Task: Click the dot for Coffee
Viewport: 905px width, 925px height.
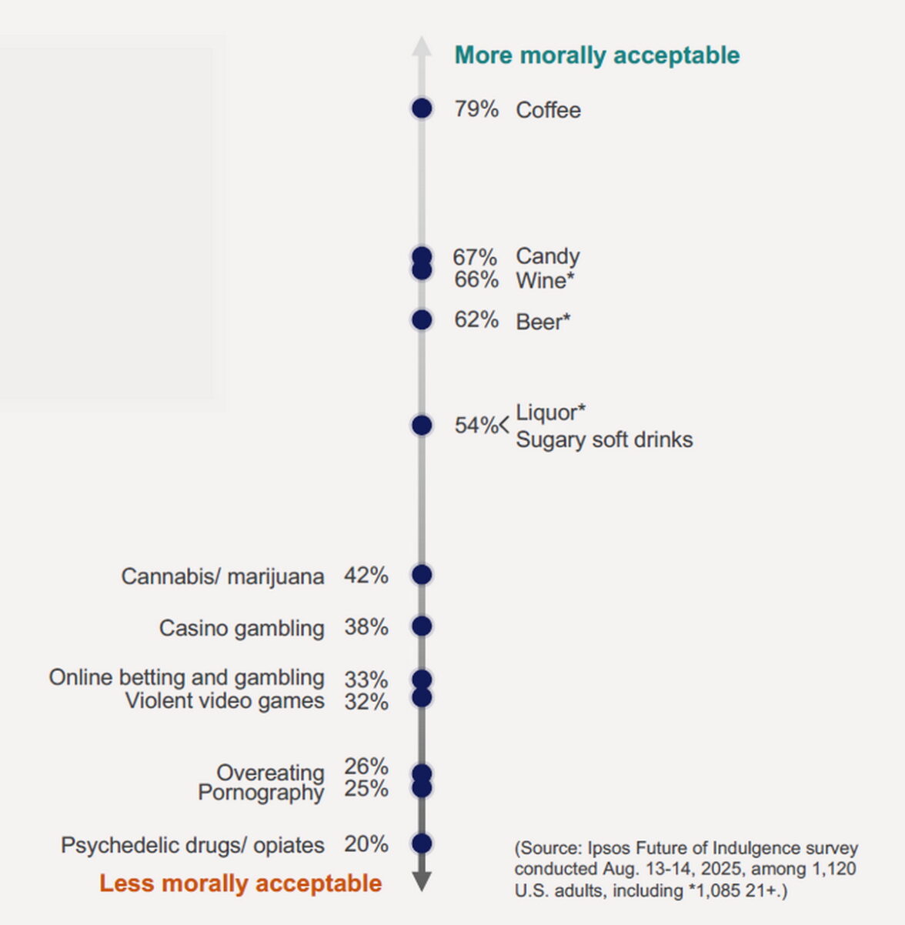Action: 422,109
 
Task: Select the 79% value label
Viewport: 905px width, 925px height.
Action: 476,109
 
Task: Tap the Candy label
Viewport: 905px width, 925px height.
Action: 547,256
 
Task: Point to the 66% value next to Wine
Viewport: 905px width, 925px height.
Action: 476,280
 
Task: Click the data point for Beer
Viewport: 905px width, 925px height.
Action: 422,319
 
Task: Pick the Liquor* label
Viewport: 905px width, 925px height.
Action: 550,412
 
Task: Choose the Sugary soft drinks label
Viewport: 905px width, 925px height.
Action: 604,440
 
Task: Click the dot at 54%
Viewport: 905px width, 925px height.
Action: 422,425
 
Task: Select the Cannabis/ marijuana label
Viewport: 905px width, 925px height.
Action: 222,576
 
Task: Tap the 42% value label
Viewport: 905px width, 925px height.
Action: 366,576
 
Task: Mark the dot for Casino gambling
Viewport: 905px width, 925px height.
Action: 422,626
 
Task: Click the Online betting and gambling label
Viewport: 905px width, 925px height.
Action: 186,677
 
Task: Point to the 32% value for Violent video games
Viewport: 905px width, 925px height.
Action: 366,702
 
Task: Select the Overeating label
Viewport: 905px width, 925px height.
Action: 270,772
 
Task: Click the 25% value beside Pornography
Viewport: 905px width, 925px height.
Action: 366,789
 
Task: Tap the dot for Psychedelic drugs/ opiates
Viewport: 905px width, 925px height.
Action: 422,843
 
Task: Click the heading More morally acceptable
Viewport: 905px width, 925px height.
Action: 597,55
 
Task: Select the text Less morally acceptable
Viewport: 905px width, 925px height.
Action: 240,883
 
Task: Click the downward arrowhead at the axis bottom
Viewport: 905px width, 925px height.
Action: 422,881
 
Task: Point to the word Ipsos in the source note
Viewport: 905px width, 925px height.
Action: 609,848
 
